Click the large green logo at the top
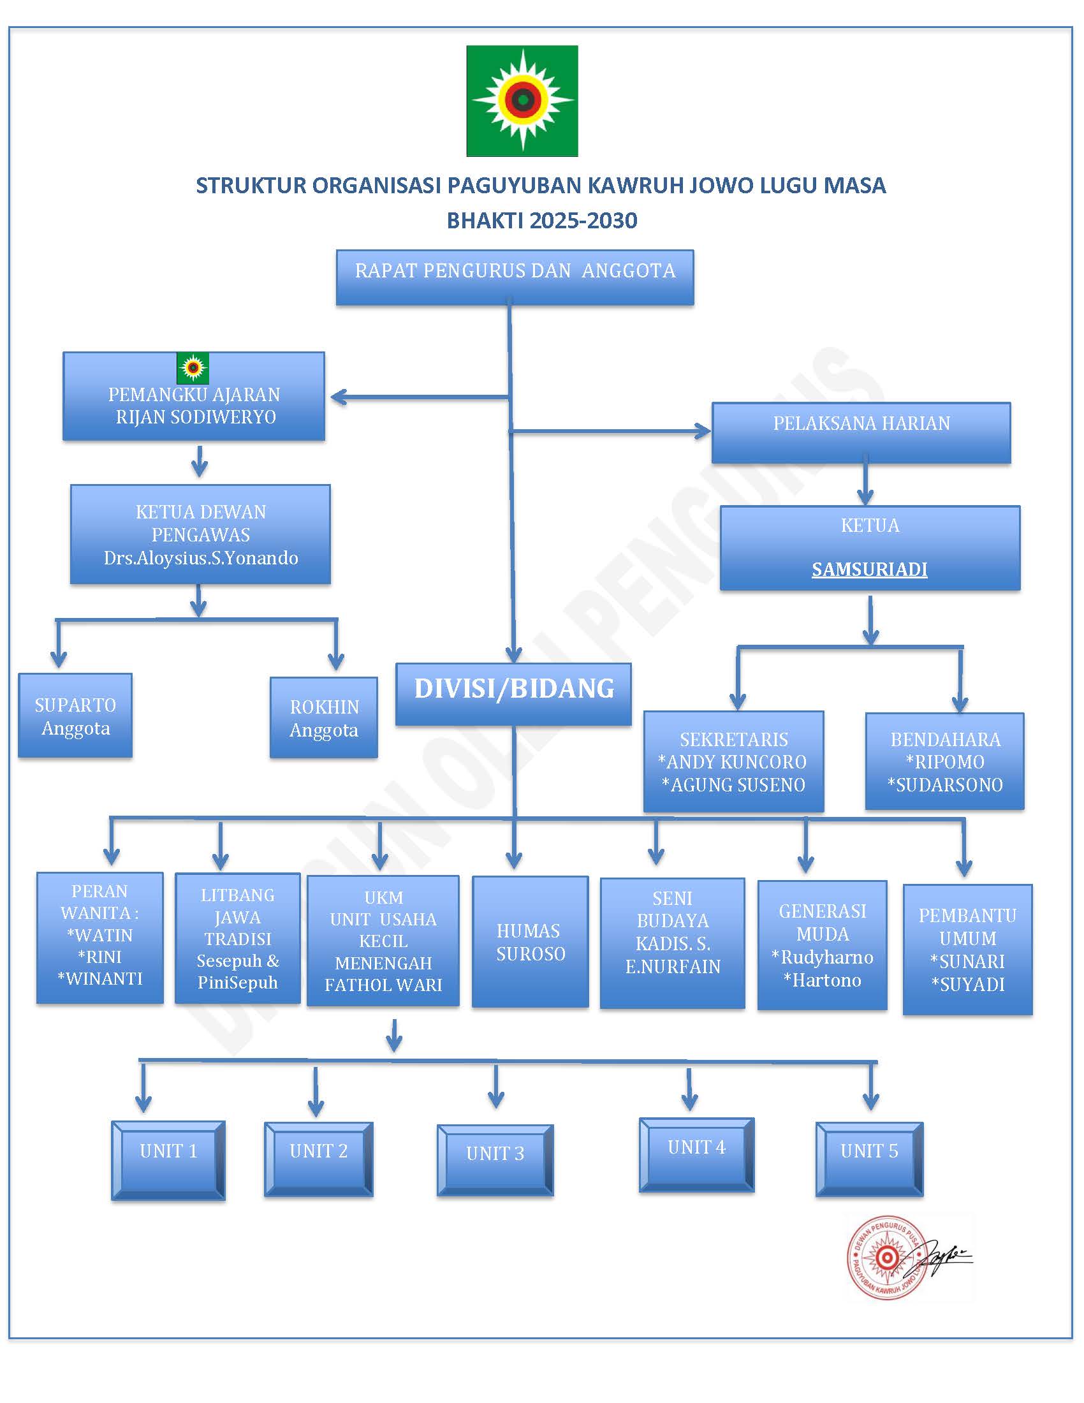tap(522, 101)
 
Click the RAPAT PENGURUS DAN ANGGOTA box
tap(515, 277)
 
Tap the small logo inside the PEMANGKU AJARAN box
tap(193, 368)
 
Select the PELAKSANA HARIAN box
tap(861, 432)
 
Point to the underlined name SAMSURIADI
tap(870, 569)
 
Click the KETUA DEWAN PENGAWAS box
tap(200, 534)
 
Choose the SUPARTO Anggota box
tap(75, 716)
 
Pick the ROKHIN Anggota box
tap(324, 717)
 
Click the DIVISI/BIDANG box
tap(514, 694)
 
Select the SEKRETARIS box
tap(733, 761)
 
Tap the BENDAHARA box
tap(944, 761)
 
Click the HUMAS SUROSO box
tap(531, 942)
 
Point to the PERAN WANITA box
tap(100, 938)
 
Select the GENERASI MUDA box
tap(822, 946)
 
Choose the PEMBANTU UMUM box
tap(968, 950)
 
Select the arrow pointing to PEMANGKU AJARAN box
tap(420, 398)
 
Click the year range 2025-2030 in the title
tap(583, 221)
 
